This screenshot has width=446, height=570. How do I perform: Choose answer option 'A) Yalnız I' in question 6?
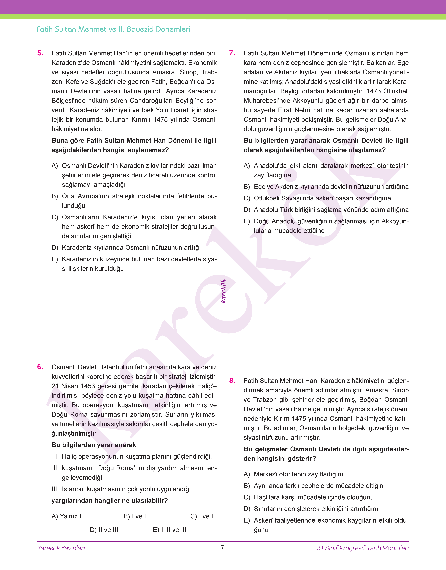point(66,516)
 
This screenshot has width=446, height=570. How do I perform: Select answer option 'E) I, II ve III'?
point(170,530)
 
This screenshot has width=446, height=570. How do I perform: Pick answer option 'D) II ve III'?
point(104,530)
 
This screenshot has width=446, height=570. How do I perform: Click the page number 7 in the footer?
point(222,548)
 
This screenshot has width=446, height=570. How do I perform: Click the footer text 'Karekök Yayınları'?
point(61,548)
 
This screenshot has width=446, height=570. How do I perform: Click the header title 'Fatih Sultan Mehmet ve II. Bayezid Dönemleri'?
point(113,29)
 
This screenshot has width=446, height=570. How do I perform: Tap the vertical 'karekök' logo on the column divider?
point(223,291)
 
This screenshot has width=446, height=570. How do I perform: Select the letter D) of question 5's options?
point(55,247)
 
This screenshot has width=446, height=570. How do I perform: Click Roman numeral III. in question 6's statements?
point(55,489)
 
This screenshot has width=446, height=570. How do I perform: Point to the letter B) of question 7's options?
point(247,187)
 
